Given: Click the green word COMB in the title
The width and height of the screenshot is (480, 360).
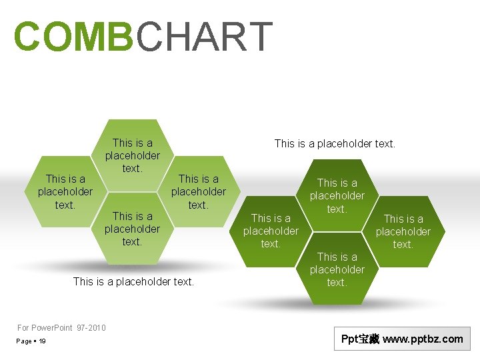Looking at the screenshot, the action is pyautogui.click(x=74, y=37).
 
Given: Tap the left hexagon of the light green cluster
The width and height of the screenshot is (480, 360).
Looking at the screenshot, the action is pyautogui.click(x=65, y=191).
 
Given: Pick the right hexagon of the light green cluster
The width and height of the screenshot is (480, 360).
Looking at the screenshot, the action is pyautogui.click(x=198, y=191).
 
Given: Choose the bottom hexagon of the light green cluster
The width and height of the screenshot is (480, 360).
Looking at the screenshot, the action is pyautogui.click(x=132, y=229).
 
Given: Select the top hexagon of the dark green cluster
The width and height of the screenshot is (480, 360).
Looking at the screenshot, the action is pyautogui.click(x=337, y=195).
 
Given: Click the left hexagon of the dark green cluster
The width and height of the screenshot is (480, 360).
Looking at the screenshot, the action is pyautogui.click(x=271, y=231).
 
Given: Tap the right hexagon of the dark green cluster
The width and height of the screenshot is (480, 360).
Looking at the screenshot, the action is pyautogui.click(x=403, y=231).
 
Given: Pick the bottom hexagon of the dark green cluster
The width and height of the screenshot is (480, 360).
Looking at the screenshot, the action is pyautogui.click(x=337, y=269).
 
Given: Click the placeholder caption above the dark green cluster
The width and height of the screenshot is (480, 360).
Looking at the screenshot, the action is pyautogui.click(x=335, y=143).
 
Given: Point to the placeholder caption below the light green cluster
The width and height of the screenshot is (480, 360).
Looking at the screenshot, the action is pyautogui.click(x=133, y=281).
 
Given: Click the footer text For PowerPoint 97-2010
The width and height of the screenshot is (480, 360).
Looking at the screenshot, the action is pyautogui.click(x=61, y=327).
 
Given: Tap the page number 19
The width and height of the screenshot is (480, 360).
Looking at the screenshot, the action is pyautogui.click(x=42, y=341).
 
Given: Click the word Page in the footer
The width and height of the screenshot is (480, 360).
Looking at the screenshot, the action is pyautogui.click(x=25, y=341).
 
